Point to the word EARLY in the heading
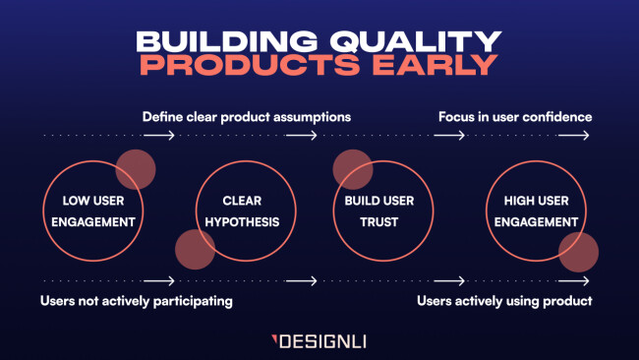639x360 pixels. point(436,67)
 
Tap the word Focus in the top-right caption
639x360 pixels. point(456,116)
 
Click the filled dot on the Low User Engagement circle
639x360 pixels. point(136,169)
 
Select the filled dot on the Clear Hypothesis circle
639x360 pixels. point(195,250)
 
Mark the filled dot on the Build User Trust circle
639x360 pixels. point(352,169)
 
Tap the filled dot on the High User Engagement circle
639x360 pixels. point(578,252)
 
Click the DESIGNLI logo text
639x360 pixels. point(324,342)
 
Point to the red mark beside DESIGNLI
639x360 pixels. point(274,341)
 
